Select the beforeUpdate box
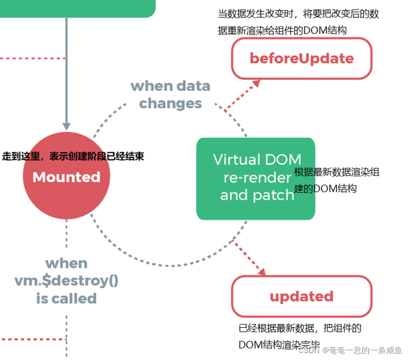coord(302,59)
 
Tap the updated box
coord(302,296)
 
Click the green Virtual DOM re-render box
coord(255,178)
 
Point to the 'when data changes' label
coord(170,94)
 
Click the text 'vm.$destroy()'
coord(66,280)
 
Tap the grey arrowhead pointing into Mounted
coord(66,126)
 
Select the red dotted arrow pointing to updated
coord(250,259)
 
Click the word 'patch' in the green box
coord(274,195)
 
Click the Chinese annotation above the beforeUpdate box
coord(298,21)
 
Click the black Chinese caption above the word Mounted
coord(73,156)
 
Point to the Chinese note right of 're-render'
coord(337,180)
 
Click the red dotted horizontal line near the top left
coord(32,58)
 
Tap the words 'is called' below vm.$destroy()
coord(66,299)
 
